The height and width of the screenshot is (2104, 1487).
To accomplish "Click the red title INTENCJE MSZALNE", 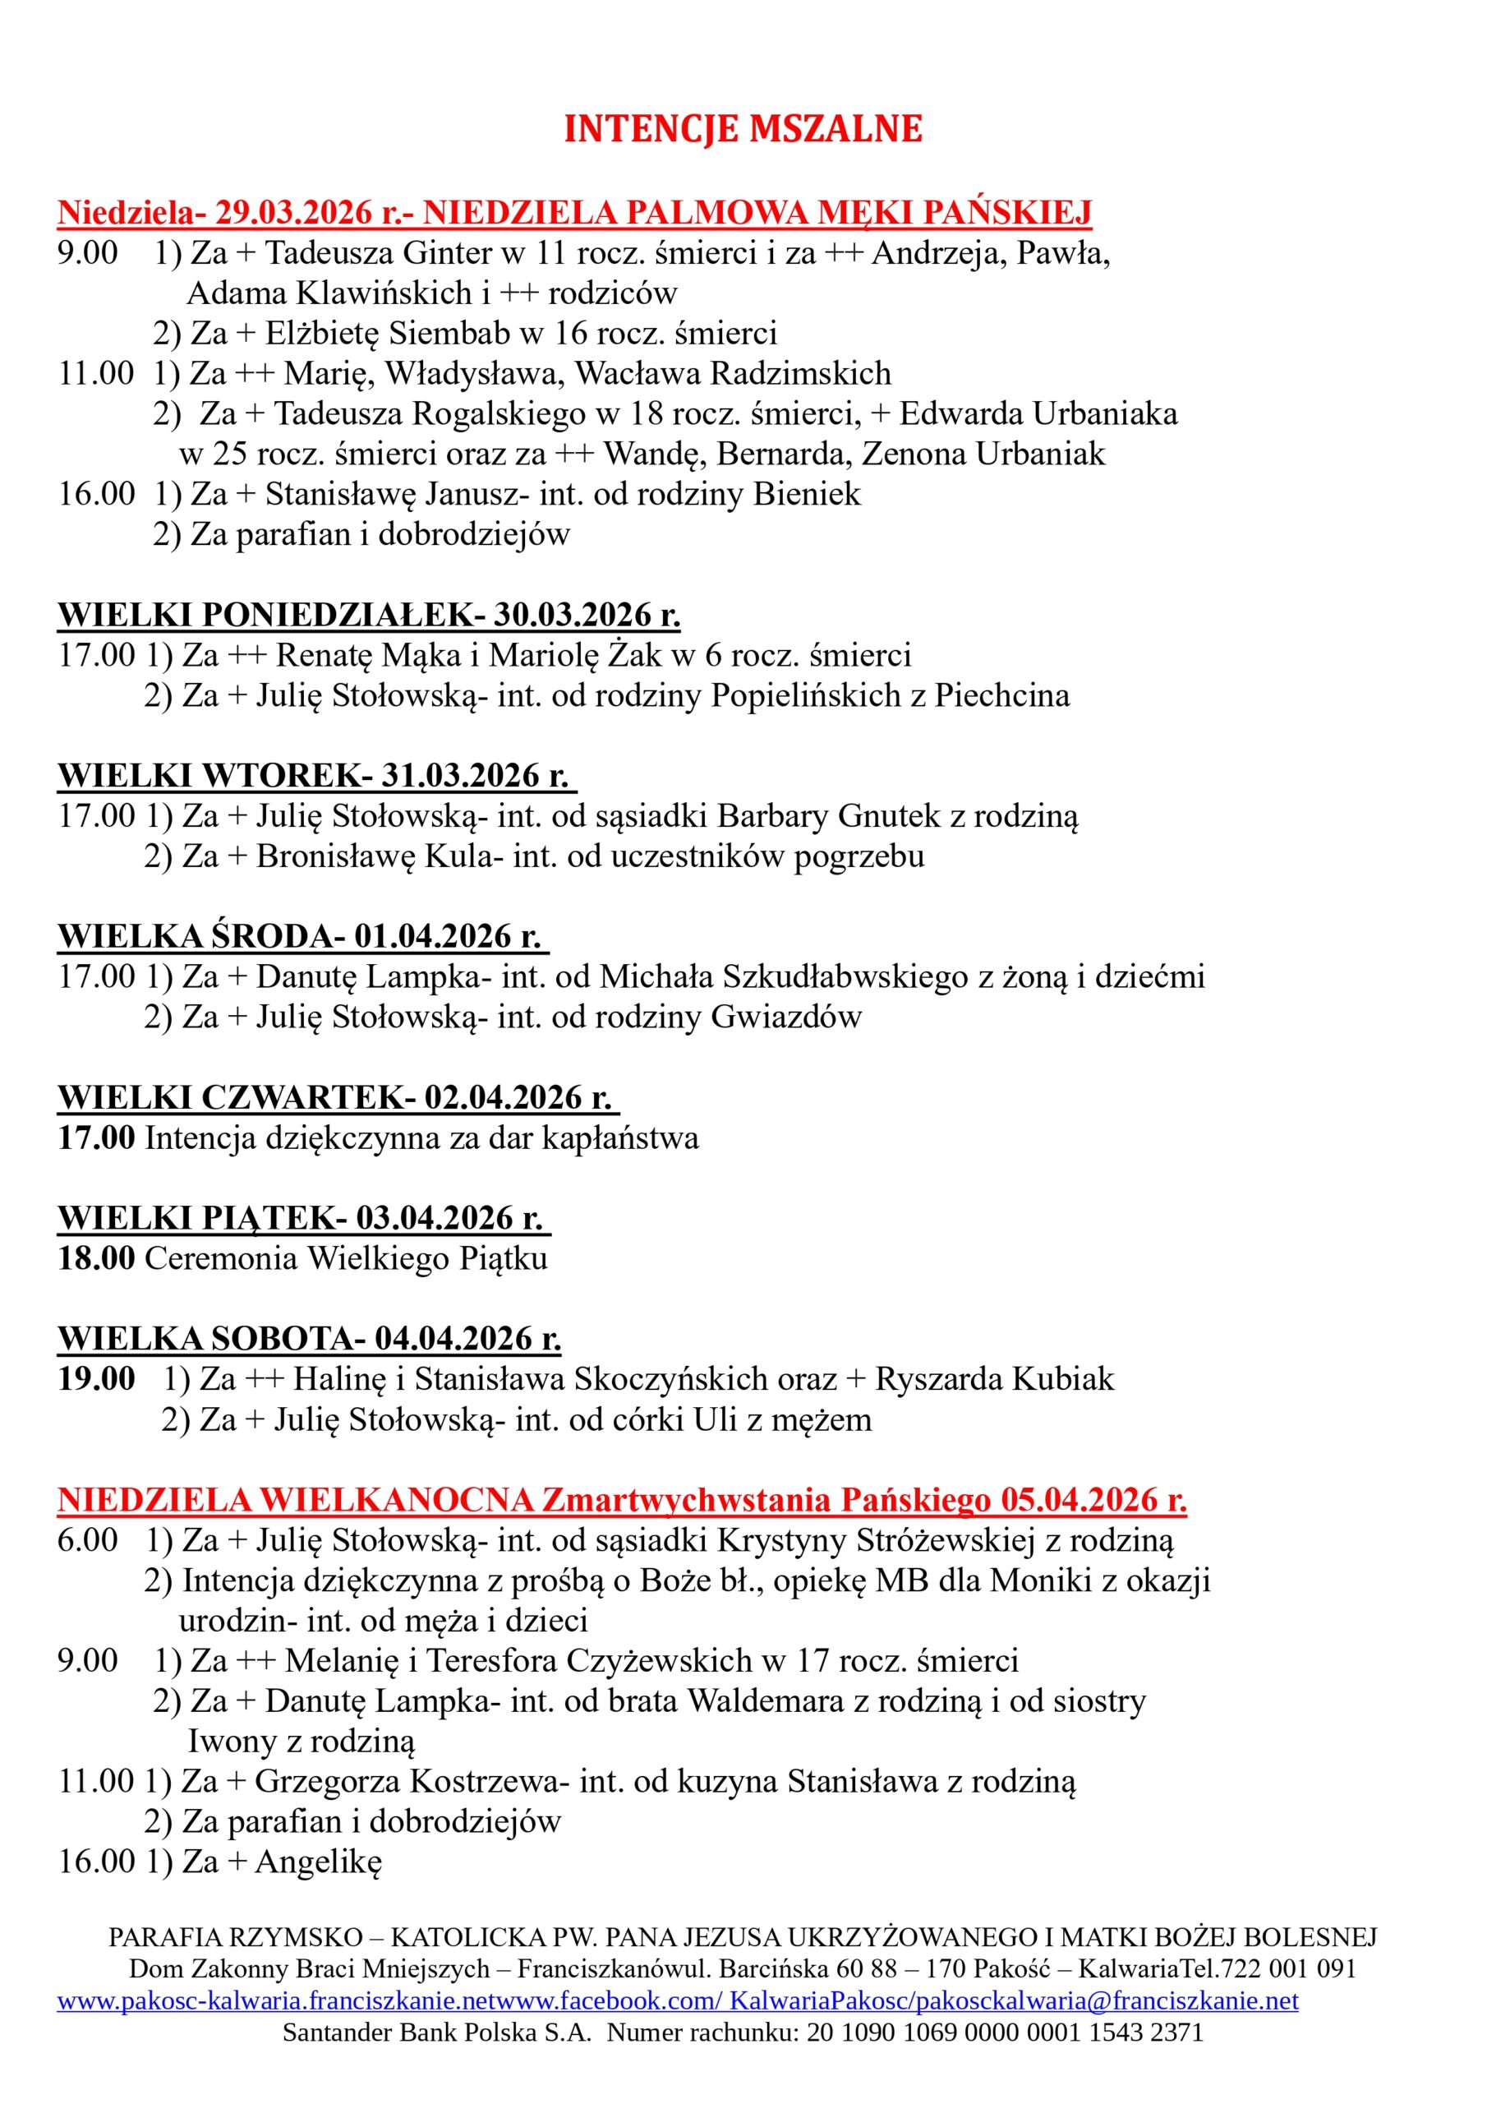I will point(742,129).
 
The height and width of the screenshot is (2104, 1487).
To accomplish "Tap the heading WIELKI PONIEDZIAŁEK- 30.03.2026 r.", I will point(368,615).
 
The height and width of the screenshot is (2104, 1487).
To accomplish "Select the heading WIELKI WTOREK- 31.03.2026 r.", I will point(316,775).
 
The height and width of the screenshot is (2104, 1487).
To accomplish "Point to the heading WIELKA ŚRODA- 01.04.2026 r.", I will point(302,937).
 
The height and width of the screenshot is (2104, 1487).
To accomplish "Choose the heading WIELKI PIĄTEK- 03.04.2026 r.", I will point(303,1218).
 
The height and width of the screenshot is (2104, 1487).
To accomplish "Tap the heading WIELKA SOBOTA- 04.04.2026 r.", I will point(309,1339).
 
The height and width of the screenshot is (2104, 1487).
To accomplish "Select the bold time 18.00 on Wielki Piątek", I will point(96,1258).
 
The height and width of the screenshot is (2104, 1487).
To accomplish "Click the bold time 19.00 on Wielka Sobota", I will point(96,1379).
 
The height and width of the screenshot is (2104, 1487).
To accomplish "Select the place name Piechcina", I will point(1001,695).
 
